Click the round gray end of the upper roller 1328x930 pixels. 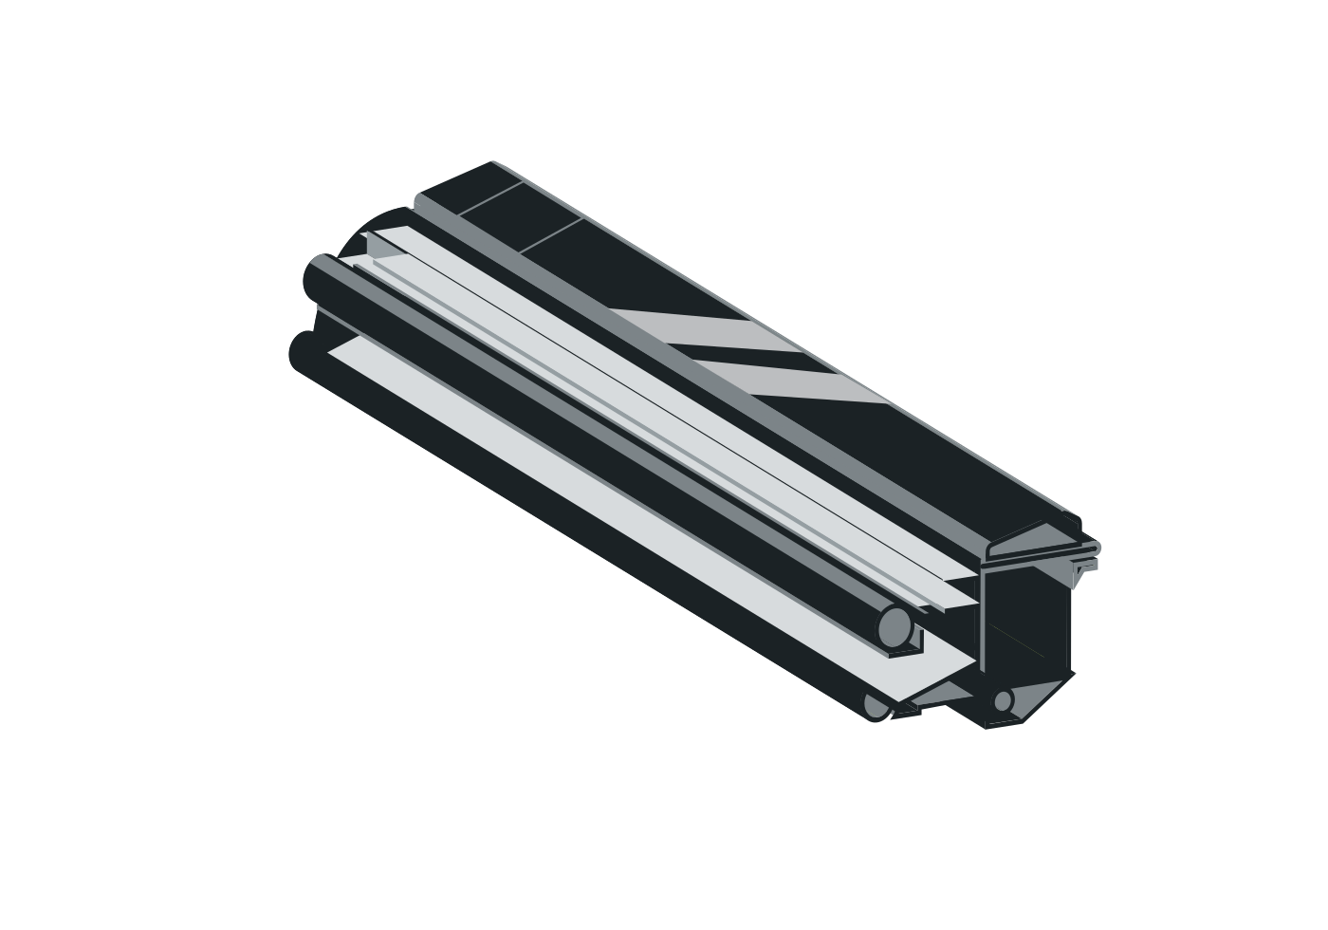pyautogui.click(x=894, y=627)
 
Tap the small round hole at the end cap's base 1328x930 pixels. pyautogui.click(x=1002, y=701)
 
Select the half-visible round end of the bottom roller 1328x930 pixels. pyautogui.click(x=876, y=707)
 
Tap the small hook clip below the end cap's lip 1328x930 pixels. pyautogui.click(x=1085, y=567)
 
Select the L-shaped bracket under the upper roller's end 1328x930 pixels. pyautogui.click(x=907, y=649)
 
